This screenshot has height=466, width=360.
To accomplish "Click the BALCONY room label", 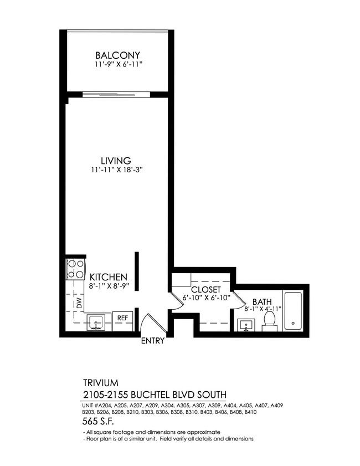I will (117, 55).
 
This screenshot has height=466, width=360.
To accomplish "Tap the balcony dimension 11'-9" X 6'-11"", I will (117, 65).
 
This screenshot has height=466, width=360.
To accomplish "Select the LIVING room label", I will (116, 161).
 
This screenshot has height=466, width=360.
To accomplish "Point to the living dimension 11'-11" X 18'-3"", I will (116, 170).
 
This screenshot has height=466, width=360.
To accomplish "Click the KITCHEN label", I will (109, 277).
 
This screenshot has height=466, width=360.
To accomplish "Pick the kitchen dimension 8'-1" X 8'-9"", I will (109, 286).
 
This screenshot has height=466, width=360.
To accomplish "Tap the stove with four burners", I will (75, 269).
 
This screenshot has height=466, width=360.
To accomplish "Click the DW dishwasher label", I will (79, 303).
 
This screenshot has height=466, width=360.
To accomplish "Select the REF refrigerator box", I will (122, 319).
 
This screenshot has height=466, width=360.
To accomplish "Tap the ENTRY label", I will (152, 341).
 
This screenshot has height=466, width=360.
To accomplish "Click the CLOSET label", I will (206, 290).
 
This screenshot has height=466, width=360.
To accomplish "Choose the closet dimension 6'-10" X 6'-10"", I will (205, 298).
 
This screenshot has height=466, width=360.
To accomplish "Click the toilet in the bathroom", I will (270, 320).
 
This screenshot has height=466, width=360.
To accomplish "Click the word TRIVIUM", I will (100, 383).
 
